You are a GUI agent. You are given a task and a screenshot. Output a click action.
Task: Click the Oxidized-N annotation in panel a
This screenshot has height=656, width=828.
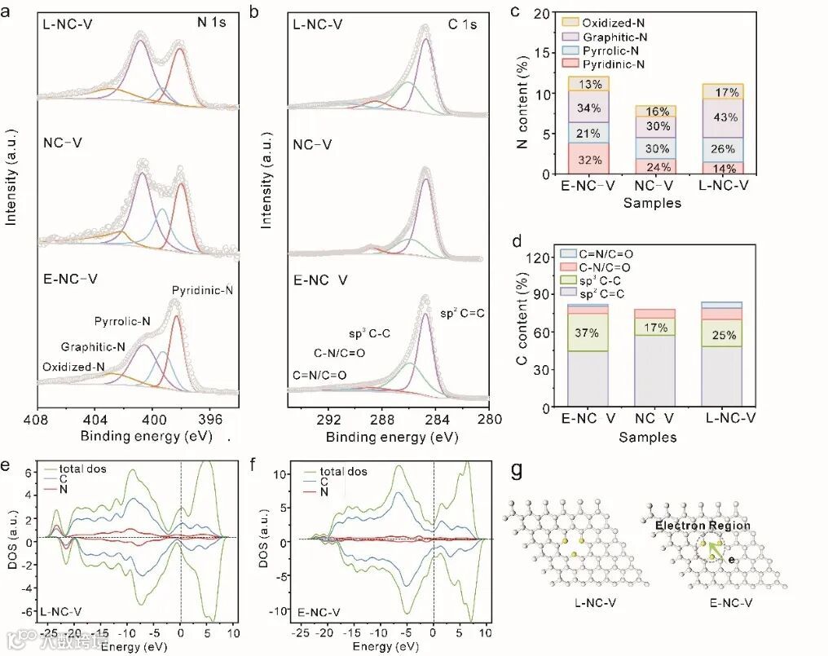pos(73,367)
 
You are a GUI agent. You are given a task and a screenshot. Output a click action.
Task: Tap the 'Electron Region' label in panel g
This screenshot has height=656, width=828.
pos(702,526)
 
